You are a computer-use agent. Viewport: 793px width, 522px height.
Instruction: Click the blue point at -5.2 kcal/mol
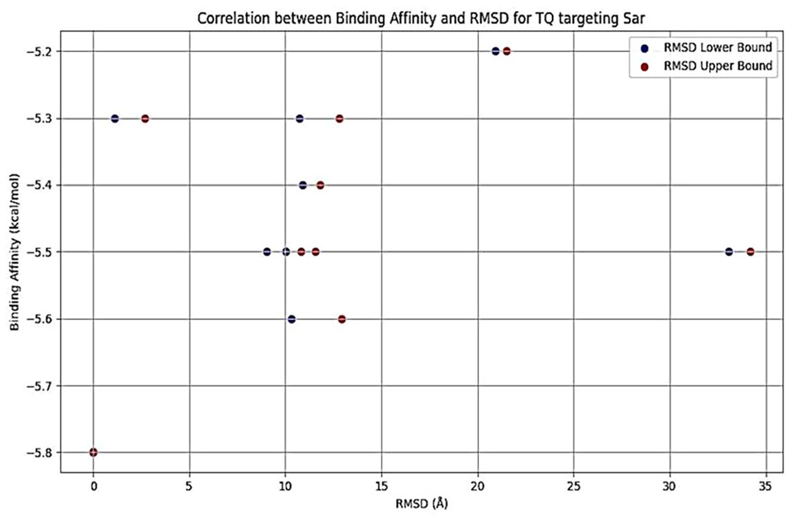pyautogui.click(x=496, y=51)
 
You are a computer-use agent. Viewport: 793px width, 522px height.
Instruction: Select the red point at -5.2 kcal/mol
pyautogui.click(x=507, y=51)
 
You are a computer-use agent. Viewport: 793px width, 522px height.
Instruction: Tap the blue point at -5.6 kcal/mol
pyautogui.click(x=291, y=319)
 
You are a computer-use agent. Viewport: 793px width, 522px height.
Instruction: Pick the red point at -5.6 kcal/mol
pyautogui.click(x=342, y=319)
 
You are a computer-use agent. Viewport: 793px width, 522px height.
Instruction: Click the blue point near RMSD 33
pyautogui.click(x=729, y=252)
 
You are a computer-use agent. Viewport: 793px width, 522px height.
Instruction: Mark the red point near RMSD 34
pyautogui.click(x=751, y=252)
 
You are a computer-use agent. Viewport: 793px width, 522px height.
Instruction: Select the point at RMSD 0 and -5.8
pyautogui.click(x=93, y=452)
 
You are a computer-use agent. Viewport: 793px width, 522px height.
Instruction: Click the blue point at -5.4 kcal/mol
pyautogui.click(x=303, y=185)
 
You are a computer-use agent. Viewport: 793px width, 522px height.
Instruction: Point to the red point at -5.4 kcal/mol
pyautogui.click(x=320, y=185)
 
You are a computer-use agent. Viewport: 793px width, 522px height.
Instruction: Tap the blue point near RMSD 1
pyautogui.click(x=115, y=119)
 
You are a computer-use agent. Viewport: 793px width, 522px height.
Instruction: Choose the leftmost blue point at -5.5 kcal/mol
pyautogui.click(x=267, y=252)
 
